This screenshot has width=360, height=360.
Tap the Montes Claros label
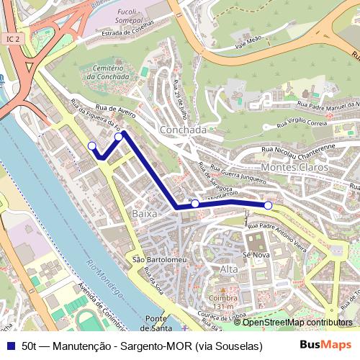tap(294, 167)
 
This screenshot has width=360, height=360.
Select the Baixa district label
tap(144, 214)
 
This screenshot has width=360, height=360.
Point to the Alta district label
tap(228, 269)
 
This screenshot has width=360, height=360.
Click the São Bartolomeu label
tap(150, 259)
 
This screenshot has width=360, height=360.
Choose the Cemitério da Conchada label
tap(109, 71)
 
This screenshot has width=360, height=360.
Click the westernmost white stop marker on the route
tap(91, 146)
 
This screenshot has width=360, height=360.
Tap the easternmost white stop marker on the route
tap(269, 206)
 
